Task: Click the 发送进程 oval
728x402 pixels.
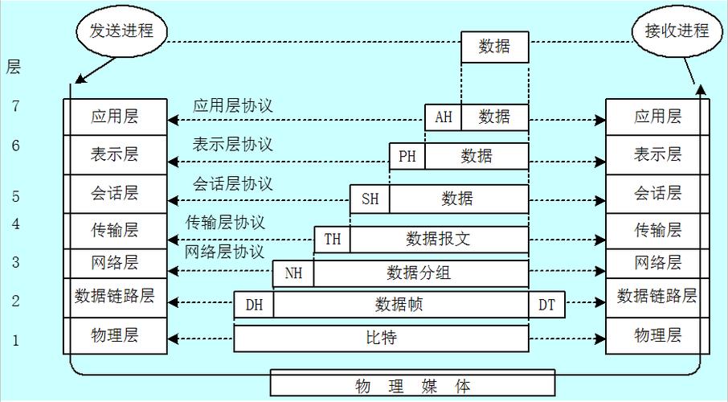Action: (121, 31)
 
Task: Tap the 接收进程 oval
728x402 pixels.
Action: (677, 31)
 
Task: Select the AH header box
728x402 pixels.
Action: (444, 117)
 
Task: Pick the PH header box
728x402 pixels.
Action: (407, 156)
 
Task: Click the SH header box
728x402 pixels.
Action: (370, 199)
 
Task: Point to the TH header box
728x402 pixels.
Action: (333, 240)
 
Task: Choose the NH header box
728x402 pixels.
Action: (293, 273)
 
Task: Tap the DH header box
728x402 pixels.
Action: (254, 305)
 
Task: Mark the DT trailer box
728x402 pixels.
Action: (546, 305)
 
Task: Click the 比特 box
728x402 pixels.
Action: (381, 338)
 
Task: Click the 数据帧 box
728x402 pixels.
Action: (401, 305)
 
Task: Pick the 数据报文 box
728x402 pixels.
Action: (440, 240)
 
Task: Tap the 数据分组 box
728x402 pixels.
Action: (421, 273)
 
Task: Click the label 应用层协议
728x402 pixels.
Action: (233, 106)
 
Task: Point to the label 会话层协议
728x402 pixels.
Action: (233, 184)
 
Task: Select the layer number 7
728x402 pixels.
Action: (16, 106)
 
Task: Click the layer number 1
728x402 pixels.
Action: (16, 341)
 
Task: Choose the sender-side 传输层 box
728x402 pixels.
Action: (115, 231)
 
